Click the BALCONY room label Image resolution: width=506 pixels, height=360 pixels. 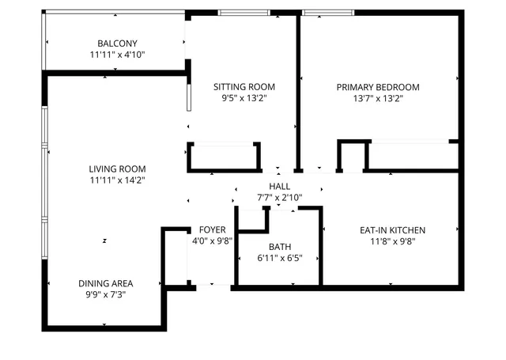pyautogui.click(x=117, y=44)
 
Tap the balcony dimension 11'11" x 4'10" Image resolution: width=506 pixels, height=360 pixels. pyautogui.click(x=117, y=55)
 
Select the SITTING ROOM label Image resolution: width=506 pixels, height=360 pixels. pyautogui.click(x=244, y=87)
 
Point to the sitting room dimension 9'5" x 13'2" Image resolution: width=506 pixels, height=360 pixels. pyautogui.click(x=244, y=99)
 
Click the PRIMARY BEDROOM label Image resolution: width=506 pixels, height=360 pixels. pyautogui.click(x=378, y=87)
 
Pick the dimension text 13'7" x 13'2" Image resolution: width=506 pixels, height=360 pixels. pyautogui.click(x=378, y=99)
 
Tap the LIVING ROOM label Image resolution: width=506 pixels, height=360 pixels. pyautogui.click(x=117, y=169)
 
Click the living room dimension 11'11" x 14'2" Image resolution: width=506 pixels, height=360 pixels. pyautogui.click(x=117, y=180)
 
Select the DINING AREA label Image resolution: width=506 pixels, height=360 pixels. pyautogui.click(x=105, y=283)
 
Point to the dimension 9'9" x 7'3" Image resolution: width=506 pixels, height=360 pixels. pyautogui.click(x=105, y=295)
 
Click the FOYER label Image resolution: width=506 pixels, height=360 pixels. pyautogui.click(x=212, y=230)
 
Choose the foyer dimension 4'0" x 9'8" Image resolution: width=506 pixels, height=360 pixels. pyautogui.click(x=212, y=242)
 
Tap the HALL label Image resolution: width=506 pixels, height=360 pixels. pyautogui.click(x=279, y=185)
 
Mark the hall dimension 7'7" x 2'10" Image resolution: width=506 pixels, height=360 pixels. pyautogui.click(x=279, y=197)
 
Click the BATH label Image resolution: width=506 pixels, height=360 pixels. pyautogui.click(x=279, y=246)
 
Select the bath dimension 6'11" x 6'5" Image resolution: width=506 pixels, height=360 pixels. pyautogui.click(x=279, y=258)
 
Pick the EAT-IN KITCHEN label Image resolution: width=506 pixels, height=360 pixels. pyautogui.click(x=393, y=230)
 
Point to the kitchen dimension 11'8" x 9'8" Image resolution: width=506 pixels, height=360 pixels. pyautogui.click(x=393, y=242)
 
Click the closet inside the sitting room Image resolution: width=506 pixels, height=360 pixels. pyautogui.click(x=224, y=157)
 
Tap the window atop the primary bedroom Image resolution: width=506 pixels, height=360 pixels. pyautogui.click(x=328, y=12)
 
